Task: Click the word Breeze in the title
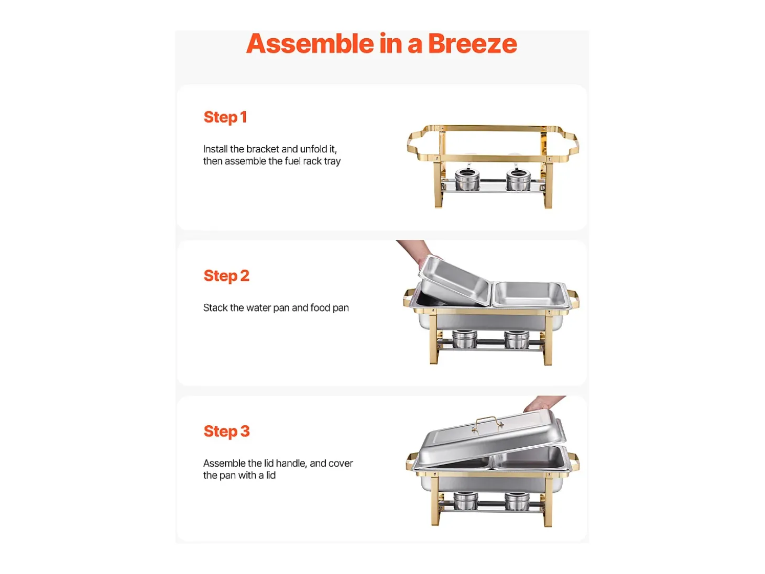pyautogui.click(x=472, y=44)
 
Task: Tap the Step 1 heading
pyautogui.click(x=225, y=117)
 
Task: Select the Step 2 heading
pyautogui.click(x=226, y=276)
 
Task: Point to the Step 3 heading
pyautogui.click(x=226, y=432)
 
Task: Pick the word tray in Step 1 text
pyautogui.click(x=332, y=161)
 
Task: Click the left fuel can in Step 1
pyautogui.click(x=467, y=179)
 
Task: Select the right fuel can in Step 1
pyautogui.click(x=518, y=179)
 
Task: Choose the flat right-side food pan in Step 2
pyautogui.click(x=530, y=294)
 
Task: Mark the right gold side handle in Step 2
pyautogui.click(x=573, y=299)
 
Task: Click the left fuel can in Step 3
pyautogui.click(x=466, y=501)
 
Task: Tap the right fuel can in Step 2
pyautogui.click(x=517, y=339)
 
